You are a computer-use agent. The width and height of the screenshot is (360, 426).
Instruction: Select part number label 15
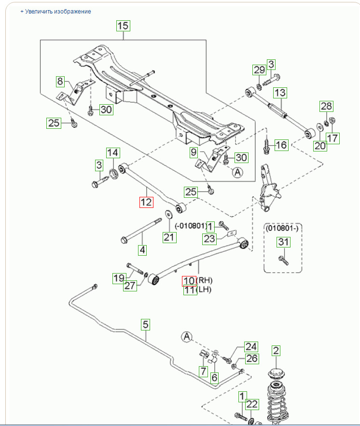click(123, 26)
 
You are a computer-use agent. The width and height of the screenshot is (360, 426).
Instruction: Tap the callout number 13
click(280, 93)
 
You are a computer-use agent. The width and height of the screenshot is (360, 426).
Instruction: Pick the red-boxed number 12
click(146, 202)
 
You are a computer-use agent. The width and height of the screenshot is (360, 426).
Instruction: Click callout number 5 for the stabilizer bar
click(145, 325)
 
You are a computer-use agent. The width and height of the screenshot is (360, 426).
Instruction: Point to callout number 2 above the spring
click(276, 350)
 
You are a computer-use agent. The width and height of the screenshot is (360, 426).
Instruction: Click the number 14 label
click(113, 153)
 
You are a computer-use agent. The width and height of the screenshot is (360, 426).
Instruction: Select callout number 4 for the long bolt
click(142, 250)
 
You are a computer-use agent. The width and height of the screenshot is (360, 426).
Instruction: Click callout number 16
click(281, 145)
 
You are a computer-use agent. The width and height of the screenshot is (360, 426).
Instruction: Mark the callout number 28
click(327, 106)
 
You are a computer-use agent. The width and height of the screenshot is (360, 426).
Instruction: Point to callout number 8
click(60, 81)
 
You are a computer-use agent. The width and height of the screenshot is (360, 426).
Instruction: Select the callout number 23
click(209, 238)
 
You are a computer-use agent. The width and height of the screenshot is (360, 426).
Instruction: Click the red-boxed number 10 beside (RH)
click(188, 281)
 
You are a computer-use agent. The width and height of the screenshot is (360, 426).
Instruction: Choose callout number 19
click(119, 278)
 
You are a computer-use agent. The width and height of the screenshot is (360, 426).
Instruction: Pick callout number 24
click(251, 346)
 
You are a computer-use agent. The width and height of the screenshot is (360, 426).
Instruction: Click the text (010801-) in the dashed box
click(283, 228)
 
